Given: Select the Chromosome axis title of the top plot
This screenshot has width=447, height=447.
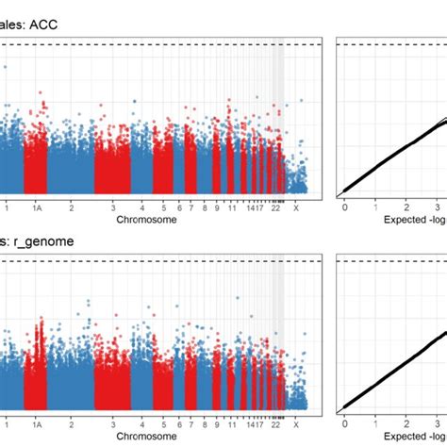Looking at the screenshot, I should pyautogui.click(x=145, y=220).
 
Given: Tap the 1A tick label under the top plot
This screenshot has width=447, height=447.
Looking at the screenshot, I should pyautogui.click(x=36, y=207).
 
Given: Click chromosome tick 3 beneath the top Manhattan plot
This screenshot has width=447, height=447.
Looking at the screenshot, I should pyautogui.click(x=112, y=207).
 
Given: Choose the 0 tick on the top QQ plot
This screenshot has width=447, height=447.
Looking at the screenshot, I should pyautogui.click(x=345, y=207).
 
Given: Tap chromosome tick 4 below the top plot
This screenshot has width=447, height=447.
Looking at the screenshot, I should pyautogui.click(x=143, y=207).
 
